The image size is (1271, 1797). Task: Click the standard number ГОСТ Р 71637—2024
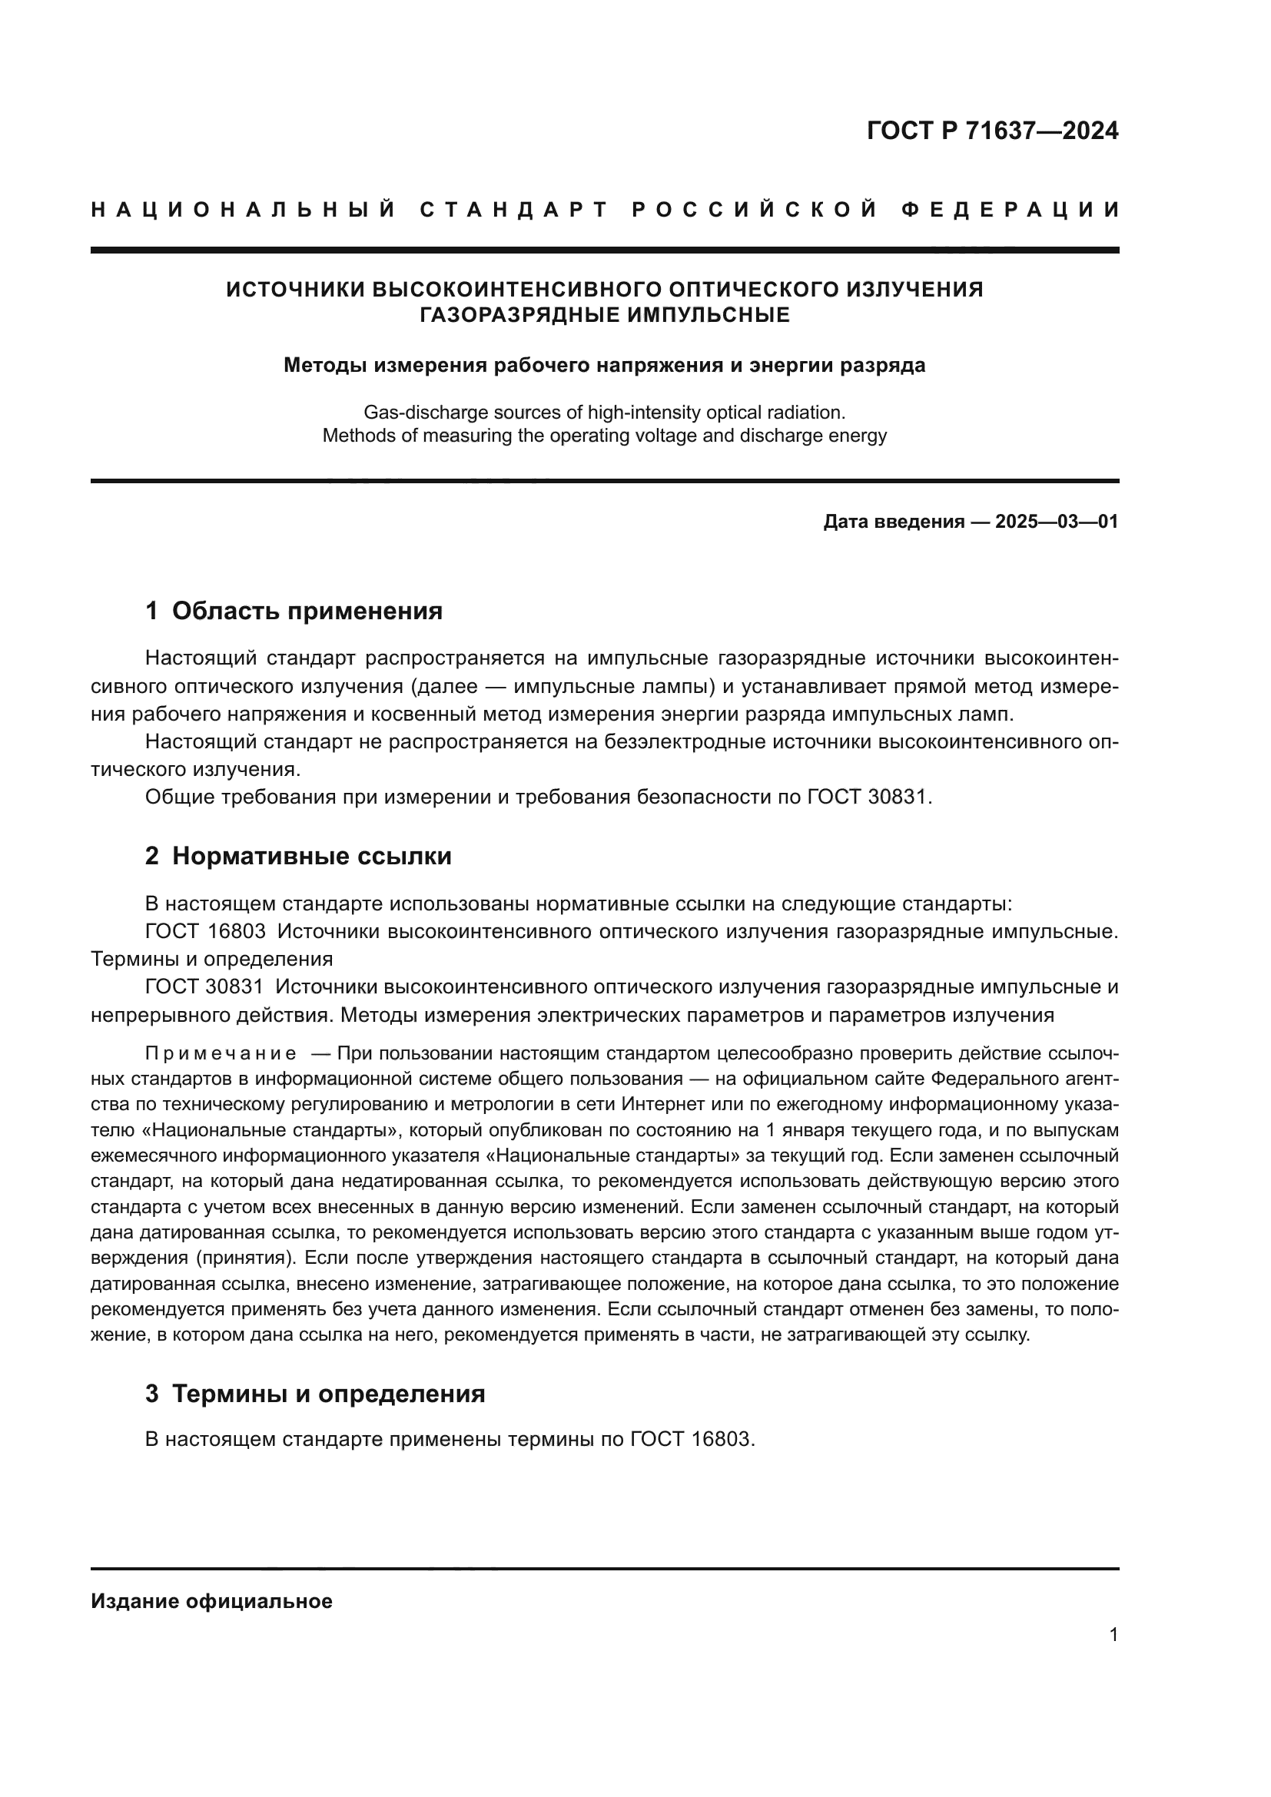click(992, 131)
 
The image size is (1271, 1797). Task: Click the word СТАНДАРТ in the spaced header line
click(514, 210)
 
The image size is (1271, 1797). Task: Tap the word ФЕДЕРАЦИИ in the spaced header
click(1010, 210)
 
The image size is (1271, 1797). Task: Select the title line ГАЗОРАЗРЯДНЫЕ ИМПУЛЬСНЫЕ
click(604, 316)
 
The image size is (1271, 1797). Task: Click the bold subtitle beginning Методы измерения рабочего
click(604, 366)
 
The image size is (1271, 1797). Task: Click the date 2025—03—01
click(1057, 522)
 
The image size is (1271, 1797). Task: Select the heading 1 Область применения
click(294, 611)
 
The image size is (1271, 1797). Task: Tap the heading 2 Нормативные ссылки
click(298, 856)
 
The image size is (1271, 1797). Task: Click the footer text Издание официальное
click(211, 1601)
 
